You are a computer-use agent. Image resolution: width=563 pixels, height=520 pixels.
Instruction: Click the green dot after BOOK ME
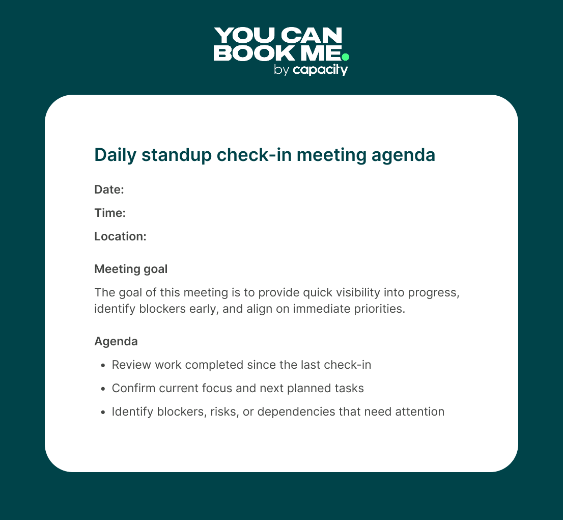[345, 57]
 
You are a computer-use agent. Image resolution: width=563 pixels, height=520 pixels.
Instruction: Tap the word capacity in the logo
[320, 70]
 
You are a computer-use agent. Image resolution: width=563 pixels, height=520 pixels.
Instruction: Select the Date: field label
[109, 189]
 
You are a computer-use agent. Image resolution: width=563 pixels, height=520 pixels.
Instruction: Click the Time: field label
[110, 213]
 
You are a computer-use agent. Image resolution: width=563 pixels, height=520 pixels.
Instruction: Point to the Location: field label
[121, 236]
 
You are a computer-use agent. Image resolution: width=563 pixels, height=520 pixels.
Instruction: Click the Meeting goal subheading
[131, 269]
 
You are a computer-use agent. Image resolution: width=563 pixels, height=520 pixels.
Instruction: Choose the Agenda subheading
[116, 341]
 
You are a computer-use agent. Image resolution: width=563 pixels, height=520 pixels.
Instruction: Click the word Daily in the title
[113, 155]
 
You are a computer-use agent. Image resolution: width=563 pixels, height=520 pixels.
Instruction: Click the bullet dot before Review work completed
[103, 365]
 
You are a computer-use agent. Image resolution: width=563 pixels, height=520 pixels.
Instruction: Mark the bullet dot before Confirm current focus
[103, 389]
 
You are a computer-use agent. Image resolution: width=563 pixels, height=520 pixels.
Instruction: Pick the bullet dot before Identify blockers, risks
[103, 412]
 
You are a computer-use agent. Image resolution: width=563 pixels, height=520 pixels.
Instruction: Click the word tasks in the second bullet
[349, 388]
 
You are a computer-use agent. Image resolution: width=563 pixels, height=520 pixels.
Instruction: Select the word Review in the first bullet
[129, 365]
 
